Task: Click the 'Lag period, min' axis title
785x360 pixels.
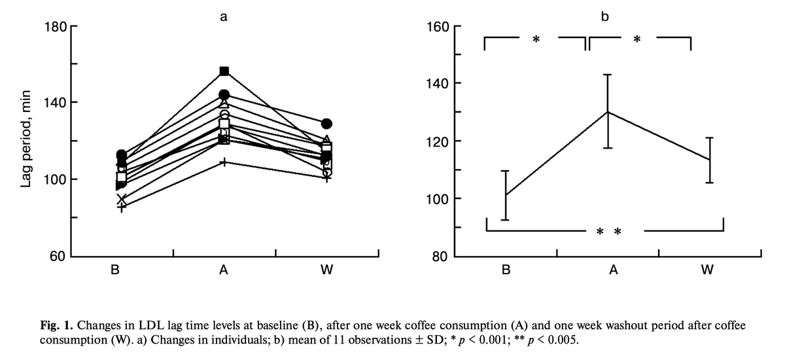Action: [x=26, y=141]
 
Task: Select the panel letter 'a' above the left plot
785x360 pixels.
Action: [x=224, y=18]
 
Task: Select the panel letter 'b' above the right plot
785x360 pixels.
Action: [x=604, y=16]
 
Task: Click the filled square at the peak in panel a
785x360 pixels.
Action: [x=224, y=71]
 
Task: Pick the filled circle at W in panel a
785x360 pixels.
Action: [x=326, y=124]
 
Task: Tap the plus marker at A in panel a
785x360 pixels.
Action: [x=224, y=161]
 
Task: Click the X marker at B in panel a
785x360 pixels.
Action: [x=122, y=200]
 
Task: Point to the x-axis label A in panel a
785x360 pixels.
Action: [x=224, y=272]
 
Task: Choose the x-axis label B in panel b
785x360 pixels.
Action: [x=506, y=272]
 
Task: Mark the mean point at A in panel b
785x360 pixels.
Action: [x=607, y=111]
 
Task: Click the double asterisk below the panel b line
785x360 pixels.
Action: [x=608, y=232]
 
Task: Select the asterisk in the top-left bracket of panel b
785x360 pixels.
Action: [x=536, y=40]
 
